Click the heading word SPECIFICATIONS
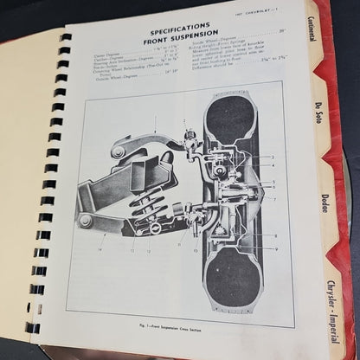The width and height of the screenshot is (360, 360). [177, 28]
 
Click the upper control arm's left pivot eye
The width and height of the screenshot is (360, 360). [118, 152]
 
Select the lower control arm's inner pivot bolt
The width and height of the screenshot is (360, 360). [87, 220]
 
